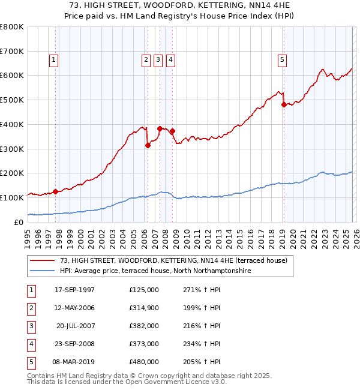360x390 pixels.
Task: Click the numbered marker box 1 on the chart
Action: pyautogui.click(x=54, y=59)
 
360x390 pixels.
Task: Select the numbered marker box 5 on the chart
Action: pyautogui.click(x=282, y=59)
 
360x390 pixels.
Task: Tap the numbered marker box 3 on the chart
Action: pyautogui.click(x=158, y=59)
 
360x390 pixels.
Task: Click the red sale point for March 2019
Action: pyautogui.click(x=284, y=104)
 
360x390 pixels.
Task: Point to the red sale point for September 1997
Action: pyautogui.click(x=55, y=191)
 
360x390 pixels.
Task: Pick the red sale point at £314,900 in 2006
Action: pyautogui.click(x=148, y=145)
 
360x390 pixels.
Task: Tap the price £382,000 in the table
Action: pyautogui.click(x=143, y=326)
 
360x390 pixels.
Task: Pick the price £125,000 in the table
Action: pyautogui.click(x=143, y=290)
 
